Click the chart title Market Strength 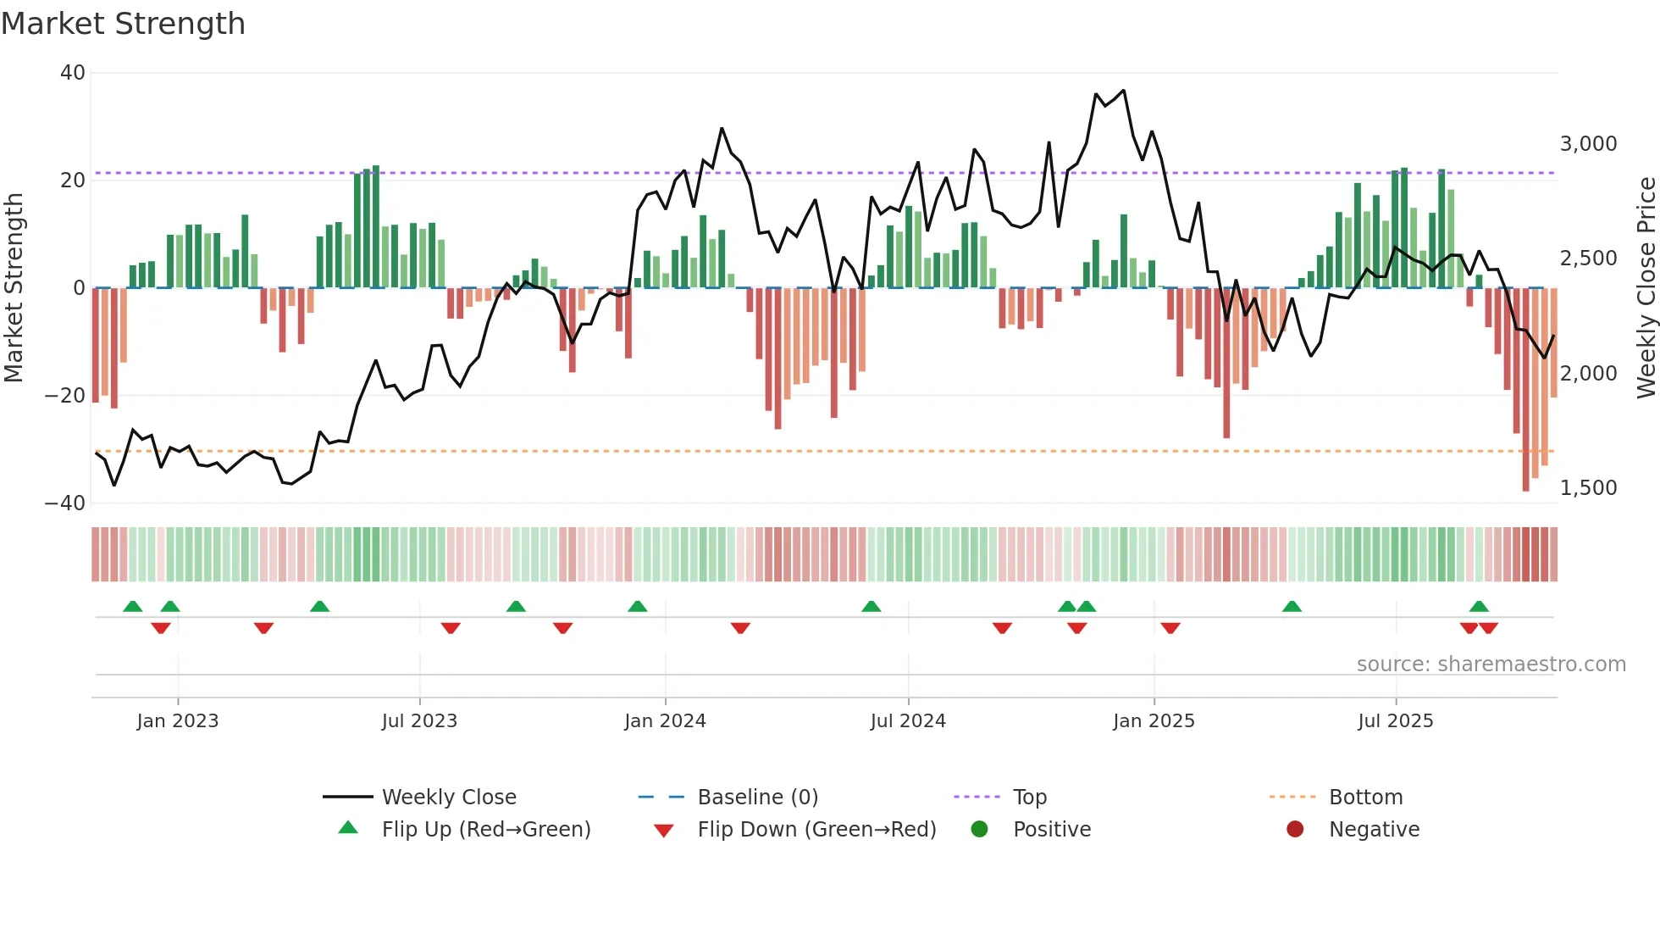[x=123, y=24]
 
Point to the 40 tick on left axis [x=73, y=73]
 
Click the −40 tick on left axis [x=66, y=503]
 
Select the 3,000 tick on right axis [x=1588, y=144]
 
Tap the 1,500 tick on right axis [x=1588, y=488]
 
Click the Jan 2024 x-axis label [x=665, y=721]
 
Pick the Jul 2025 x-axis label [x=1395, y=721]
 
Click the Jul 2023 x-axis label [x=419, y=721]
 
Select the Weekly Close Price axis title [x=1646, y=288]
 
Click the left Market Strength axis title [x=14, y=288]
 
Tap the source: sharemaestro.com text [x=1491, y=664]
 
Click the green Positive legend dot [x=980, y=830]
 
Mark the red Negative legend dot [x=1295, y=830]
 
